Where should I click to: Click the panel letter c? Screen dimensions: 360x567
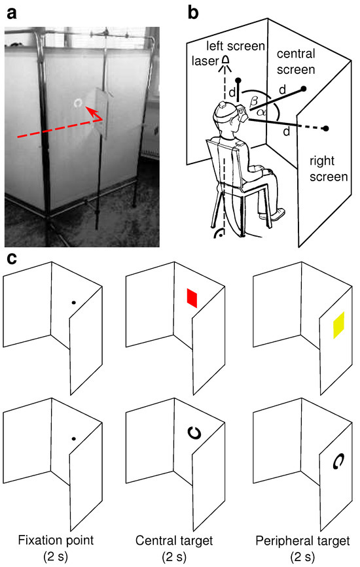point(12,258)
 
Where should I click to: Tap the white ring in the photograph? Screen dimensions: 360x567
point(78,103)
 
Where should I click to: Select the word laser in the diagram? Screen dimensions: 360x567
point(205,61)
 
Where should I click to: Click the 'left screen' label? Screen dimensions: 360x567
point(236,46)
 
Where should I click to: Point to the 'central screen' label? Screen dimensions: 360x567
point(296,61)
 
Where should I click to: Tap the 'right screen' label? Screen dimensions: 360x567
point(329,169)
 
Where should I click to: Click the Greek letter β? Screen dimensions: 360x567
point(254,101)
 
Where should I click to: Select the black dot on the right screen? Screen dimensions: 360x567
point(326,128)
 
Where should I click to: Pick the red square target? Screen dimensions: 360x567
point(192,298)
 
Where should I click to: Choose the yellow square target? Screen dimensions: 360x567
point(338,325)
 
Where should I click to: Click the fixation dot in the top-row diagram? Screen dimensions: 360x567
point(73,302)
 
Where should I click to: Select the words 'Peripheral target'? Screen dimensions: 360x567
point(302,541)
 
